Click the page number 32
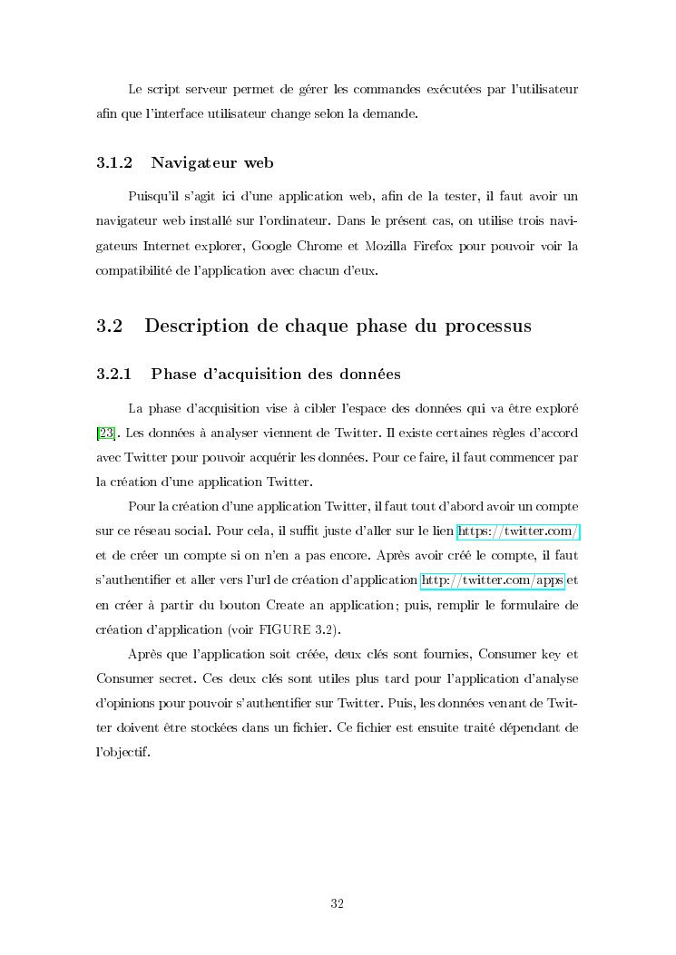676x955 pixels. coord(337,903)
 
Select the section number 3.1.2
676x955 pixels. coord(114,163)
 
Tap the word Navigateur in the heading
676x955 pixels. coord(191,163)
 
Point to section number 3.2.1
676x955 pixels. coord(114,374)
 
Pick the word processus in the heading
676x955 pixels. coord(488,326)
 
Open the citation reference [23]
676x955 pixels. coord(104,433)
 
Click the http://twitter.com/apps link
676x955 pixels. coord(493,580)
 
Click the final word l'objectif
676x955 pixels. coord(122,752)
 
